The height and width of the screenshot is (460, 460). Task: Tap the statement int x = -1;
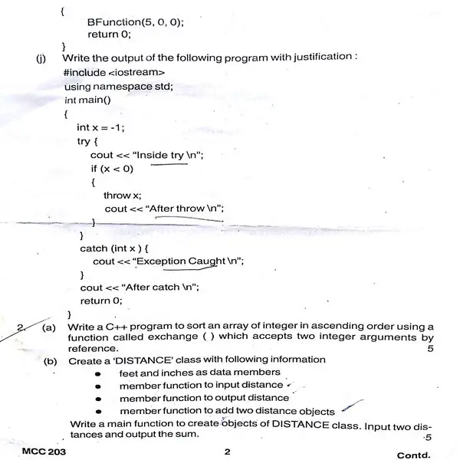coord(100,127)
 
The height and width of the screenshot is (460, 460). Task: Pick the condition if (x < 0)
coord(112,169)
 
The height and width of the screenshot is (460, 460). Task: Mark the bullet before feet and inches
coord(100,373)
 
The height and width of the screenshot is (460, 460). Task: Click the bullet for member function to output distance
coord(100,399)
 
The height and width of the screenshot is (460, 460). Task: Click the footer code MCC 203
coord(44,452)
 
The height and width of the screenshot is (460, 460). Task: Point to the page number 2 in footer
coord(227,452)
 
